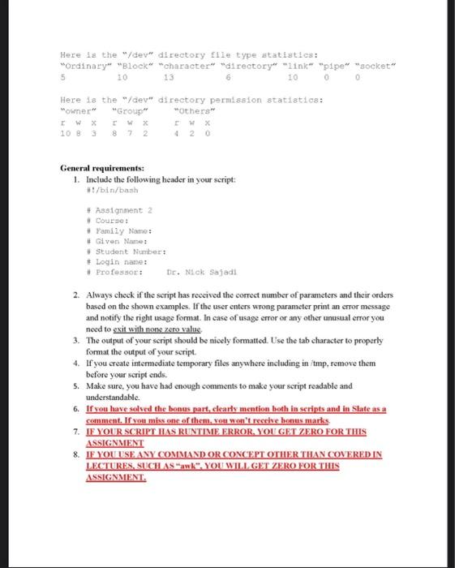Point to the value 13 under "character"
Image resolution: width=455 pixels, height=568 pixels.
click(x=169, y=77)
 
